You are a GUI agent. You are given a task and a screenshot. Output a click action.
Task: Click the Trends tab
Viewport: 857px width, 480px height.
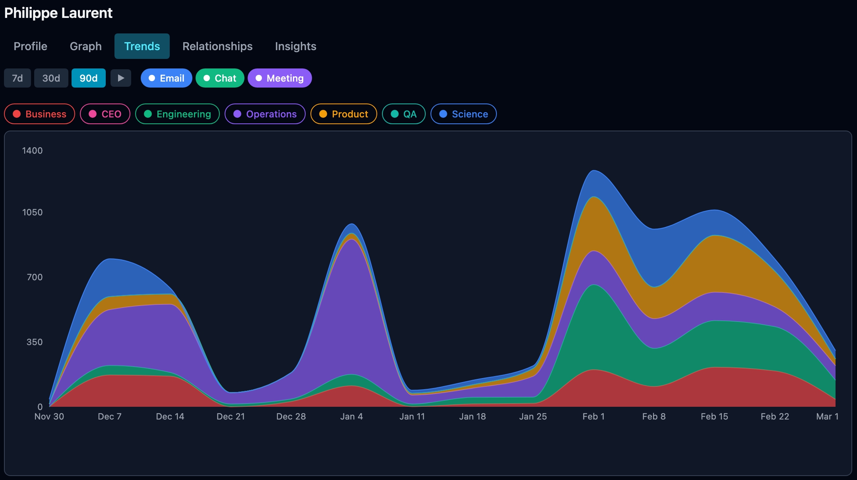[x=142, y=46]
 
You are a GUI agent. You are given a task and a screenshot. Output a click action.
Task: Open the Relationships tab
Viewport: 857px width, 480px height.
[x=217, y=46]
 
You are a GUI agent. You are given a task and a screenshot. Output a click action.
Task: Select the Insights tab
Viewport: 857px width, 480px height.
[x=295, y=46]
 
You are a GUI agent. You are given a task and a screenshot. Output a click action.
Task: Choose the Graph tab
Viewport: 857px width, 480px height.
[x=85, y=46]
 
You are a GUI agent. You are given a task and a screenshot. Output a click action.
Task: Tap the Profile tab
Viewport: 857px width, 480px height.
[x=30, y=46]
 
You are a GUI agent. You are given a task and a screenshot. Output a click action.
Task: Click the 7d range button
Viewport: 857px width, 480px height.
[x=17, y=78]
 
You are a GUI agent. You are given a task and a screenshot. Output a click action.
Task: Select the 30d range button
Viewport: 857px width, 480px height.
[x=51, y=78]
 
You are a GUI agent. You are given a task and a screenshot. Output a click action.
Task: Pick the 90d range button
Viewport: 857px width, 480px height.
[x=88, y=78]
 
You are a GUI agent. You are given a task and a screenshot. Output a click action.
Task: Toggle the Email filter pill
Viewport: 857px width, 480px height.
[x=166, y=78]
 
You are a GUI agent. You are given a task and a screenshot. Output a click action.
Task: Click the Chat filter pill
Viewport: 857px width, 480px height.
[x=220, y=78]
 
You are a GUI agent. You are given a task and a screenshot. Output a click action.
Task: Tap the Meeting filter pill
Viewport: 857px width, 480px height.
[x=279, y=78]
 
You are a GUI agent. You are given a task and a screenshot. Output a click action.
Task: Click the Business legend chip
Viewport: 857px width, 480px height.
[x=39, y=114]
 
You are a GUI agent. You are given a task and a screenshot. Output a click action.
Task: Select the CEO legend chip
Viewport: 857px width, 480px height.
[x=105, y=114]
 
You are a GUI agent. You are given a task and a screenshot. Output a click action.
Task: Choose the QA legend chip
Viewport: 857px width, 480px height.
[x=403, y=114]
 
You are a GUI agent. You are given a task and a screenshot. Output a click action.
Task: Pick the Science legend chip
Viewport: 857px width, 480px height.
[x=463, y=114]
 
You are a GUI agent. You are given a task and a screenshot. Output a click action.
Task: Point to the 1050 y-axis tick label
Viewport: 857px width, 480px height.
[x=32, y=212]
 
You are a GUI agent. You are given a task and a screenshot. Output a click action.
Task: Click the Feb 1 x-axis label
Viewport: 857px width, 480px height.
[x=593, y=416]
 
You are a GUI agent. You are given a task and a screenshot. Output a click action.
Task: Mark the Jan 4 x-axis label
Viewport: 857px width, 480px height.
[x=351, y=416]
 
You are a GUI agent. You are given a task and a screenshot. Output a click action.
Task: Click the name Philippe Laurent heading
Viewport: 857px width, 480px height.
[x=58, y=13]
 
